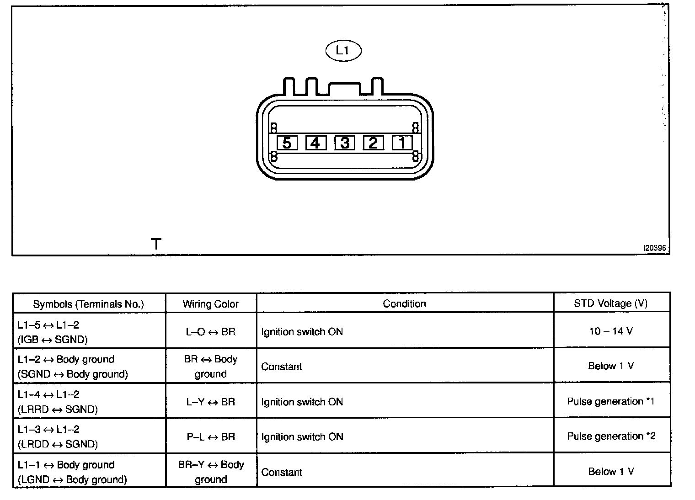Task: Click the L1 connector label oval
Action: tap(343, 50)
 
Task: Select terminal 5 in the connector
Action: tap(287, 143)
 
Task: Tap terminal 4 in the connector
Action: tap(315, 143)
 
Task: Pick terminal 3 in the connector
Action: tap(345, 143)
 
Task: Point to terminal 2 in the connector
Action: tap(373, 143)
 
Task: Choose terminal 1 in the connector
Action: tap(402, 143)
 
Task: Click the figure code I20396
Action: tap(655, 248)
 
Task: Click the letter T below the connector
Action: tap(156, 244)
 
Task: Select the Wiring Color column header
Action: tap(211, 304)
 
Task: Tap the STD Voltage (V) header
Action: tap(611, 303)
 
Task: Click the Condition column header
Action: tap(404, 303)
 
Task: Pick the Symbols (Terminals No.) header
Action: tap(89, 304)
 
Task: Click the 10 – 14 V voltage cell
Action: tap(611, 331)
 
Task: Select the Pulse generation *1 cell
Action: tap(611, 401)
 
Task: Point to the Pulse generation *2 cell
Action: tap(611, 436)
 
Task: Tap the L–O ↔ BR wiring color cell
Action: tap(210, 332)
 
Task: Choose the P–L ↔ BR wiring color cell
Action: tap(210, 437)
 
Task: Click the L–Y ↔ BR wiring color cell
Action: tap(210, 402)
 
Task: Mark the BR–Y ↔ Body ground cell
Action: tap(211, 472)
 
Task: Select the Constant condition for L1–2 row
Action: tap(282, 367)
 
